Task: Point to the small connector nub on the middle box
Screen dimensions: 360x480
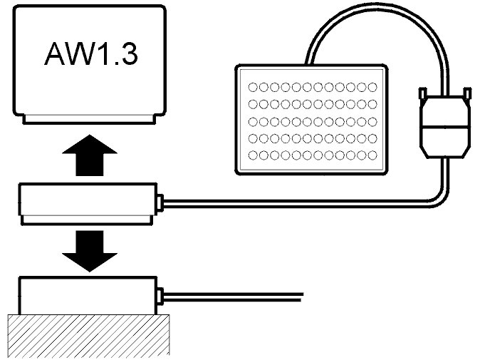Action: pos(160,202)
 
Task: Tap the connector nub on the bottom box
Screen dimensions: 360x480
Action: pos(160,294)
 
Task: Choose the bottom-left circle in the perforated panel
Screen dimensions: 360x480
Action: pos(251,155)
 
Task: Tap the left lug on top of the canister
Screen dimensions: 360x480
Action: pos(422,93)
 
